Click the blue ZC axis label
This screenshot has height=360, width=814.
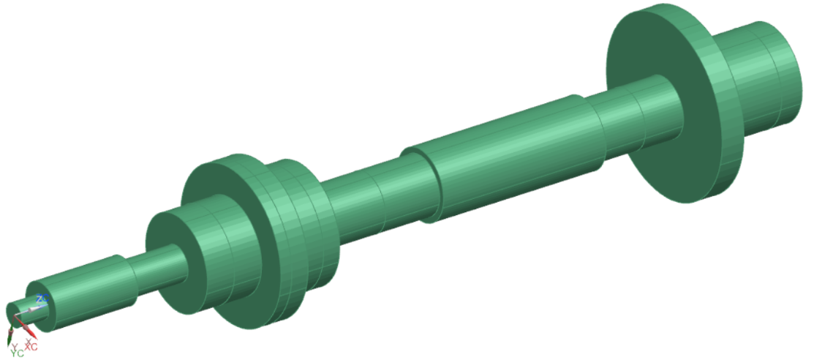42,299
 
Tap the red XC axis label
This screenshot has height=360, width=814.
31,345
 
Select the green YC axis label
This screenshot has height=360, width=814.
18,352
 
